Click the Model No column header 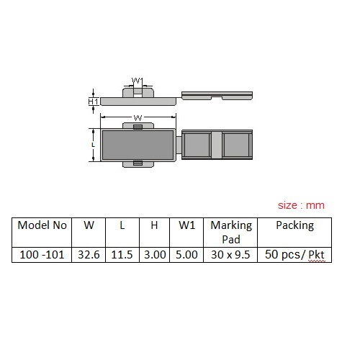(42, 225)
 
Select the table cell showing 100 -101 (42, 255)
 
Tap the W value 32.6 (89, 255)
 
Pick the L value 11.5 (122, 255)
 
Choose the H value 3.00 (155, 255)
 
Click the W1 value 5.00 (186, 255)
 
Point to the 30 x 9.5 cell (230, 255)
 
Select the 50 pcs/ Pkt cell (294, 255)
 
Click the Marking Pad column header (231, 233)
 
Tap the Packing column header (294, 226)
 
